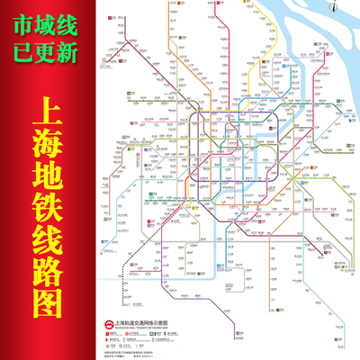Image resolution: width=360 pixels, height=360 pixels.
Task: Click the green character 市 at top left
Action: click(21, 22)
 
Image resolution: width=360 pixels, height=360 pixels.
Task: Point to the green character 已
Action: click(21, 52)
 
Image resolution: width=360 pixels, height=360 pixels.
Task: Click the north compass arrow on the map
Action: click(335, 9)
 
